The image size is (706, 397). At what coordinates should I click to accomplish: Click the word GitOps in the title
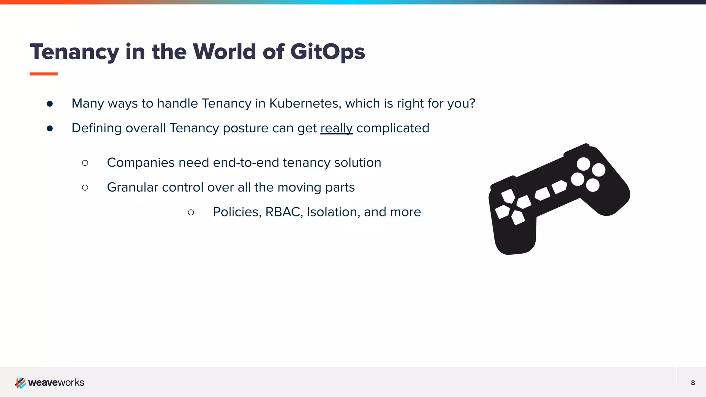tap(327, 52)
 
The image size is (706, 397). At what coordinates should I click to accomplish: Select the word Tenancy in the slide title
tap(74, 52)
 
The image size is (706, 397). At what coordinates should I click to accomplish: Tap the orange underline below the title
tap(43, 74)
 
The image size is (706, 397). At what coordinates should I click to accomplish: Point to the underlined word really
tap(336, 128)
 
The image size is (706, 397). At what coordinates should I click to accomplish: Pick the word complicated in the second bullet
tap(393, 128)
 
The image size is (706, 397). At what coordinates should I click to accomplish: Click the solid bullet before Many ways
tap(50, 104)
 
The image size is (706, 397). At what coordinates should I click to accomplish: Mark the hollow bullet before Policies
tap(191, 212)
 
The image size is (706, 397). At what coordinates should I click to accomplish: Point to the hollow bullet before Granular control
tap(85, 187)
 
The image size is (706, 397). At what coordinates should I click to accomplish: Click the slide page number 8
tap(693, 383)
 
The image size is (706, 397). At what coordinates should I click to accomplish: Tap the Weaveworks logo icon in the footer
tap(20, 383)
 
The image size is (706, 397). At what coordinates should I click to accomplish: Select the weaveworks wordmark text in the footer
tap(56, 383)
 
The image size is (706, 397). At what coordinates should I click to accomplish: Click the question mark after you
tap(472, 103)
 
